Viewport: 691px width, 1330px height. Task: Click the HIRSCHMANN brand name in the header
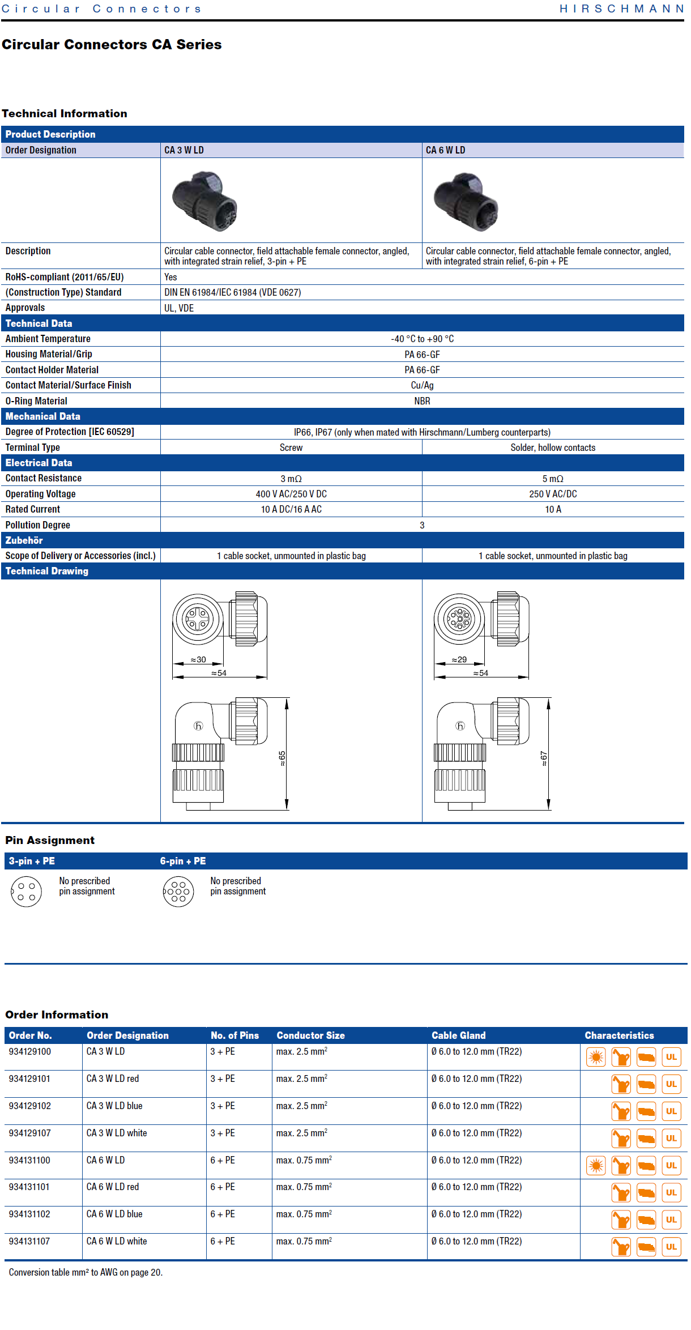[621, 8]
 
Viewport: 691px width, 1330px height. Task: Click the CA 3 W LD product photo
[204, 201]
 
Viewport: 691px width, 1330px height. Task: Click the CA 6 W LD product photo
[466, 201]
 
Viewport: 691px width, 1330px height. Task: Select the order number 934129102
[30, 1106]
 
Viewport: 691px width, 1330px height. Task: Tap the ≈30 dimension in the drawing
[198, 660]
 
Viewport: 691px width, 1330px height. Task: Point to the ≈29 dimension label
[459, 660]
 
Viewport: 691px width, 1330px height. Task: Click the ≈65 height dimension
[282, 758]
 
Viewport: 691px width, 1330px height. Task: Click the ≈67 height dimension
[544, 758]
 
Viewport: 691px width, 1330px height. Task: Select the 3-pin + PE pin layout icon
[26, 892]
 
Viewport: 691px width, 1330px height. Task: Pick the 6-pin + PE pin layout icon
[178, 892]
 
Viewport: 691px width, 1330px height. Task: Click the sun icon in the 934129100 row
[596, 1057]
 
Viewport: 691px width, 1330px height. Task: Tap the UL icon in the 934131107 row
[671, 1247]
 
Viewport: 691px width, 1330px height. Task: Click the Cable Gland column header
[459, 1035]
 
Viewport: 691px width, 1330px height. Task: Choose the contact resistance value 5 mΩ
[553, 479]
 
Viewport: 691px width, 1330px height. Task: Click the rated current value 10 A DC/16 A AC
[291, 509]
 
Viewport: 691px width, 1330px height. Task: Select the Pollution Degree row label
[38, 525]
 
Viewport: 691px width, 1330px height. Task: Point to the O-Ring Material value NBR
[422, 401]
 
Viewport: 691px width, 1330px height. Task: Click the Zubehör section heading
[24, 540]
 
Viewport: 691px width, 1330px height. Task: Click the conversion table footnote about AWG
[86, 1272]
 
